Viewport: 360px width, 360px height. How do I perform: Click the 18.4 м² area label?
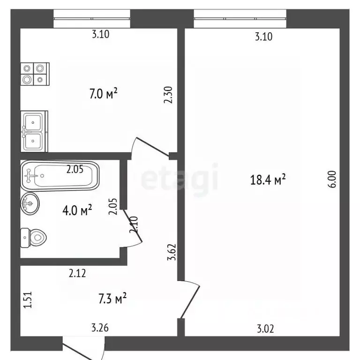coord(268,180)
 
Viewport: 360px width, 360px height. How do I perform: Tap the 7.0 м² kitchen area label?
coord(103,93)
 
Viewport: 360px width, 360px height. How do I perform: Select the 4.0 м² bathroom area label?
coord(77,210)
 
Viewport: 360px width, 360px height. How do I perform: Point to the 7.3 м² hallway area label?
coord(112,298)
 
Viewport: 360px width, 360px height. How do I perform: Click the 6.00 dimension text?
coord(332,180)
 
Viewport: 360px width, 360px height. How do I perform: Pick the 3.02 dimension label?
coord(265,329)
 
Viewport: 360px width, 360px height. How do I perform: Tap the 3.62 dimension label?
coord(172,252)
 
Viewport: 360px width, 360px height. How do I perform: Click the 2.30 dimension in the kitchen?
coord(168,95)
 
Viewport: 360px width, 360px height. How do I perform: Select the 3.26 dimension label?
coord(100,328)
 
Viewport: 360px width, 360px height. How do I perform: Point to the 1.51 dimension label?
coord(28,300)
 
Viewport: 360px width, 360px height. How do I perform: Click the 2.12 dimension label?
coord(77,273)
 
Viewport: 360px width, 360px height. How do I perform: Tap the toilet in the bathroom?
coord(34,238)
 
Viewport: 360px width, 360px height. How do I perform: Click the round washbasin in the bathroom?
coord(30,203)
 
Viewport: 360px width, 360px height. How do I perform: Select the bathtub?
coord(60,176)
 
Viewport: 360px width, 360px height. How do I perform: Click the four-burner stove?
coord(35,74)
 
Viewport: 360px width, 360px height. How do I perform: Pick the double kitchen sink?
coord(34,131)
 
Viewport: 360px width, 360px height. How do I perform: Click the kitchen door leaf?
coord(153,147)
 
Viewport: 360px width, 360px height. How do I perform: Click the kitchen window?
coord(92,19)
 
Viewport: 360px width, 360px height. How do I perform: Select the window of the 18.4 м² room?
coord(240,19)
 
